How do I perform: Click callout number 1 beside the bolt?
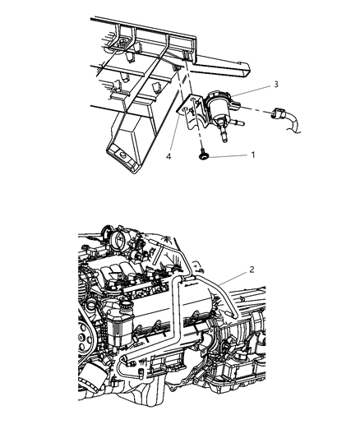pos(253,154)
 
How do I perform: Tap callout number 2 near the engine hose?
pos(252,270)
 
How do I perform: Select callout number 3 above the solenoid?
pos(276,84)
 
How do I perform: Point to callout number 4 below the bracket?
pos(168,157)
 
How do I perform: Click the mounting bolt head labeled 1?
pos(202,157)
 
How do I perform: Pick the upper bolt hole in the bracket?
pos(193,99)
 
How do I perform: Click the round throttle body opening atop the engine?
pos(118,240)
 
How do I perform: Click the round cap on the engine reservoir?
pos(127,305)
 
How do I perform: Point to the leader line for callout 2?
pos(233,278)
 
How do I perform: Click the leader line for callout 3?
pos(251,90)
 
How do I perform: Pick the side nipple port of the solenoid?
pos(238,122)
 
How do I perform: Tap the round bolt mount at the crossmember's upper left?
pos(122,44)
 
